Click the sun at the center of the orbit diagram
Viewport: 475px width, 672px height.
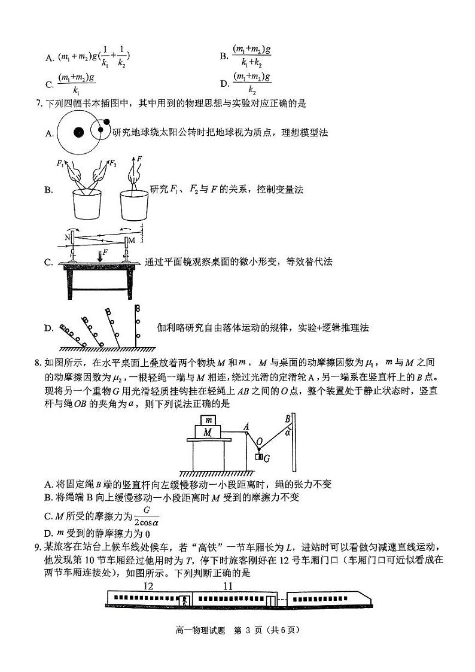[78, 132]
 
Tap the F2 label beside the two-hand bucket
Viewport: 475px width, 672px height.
[112, 163]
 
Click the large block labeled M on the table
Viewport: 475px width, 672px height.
[208, 431]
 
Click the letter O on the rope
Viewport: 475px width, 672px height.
[259, 442]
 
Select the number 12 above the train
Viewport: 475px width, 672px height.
[149, 586]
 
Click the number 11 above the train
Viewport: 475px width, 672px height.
[227, 586]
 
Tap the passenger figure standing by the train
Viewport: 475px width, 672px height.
[186, 600]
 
